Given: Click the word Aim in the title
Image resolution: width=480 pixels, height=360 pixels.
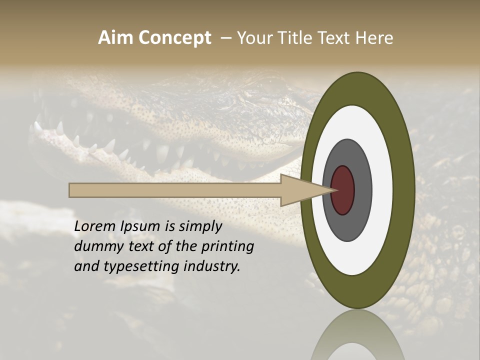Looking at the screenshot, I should (116, 38).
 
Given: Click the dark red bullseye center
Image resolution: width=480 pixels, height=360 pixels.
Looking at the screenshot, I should (343, 190).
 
